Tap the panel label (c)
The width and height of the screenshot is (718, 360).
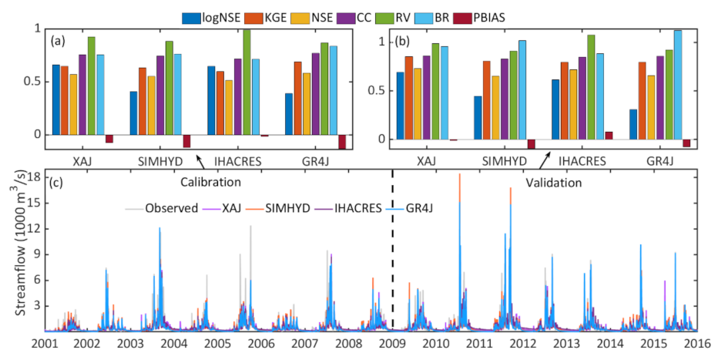(57, 183)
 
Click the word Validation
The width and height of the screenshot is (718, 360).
(552, 183)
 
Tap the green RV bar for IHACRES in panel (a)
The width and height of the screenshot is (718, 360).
(247, 82)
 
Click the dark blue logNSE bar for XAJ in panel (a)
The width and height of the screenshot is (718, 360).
(56, 99)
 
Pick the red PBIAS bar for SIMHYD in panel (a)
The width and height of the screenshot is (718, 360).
(186, 141)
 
